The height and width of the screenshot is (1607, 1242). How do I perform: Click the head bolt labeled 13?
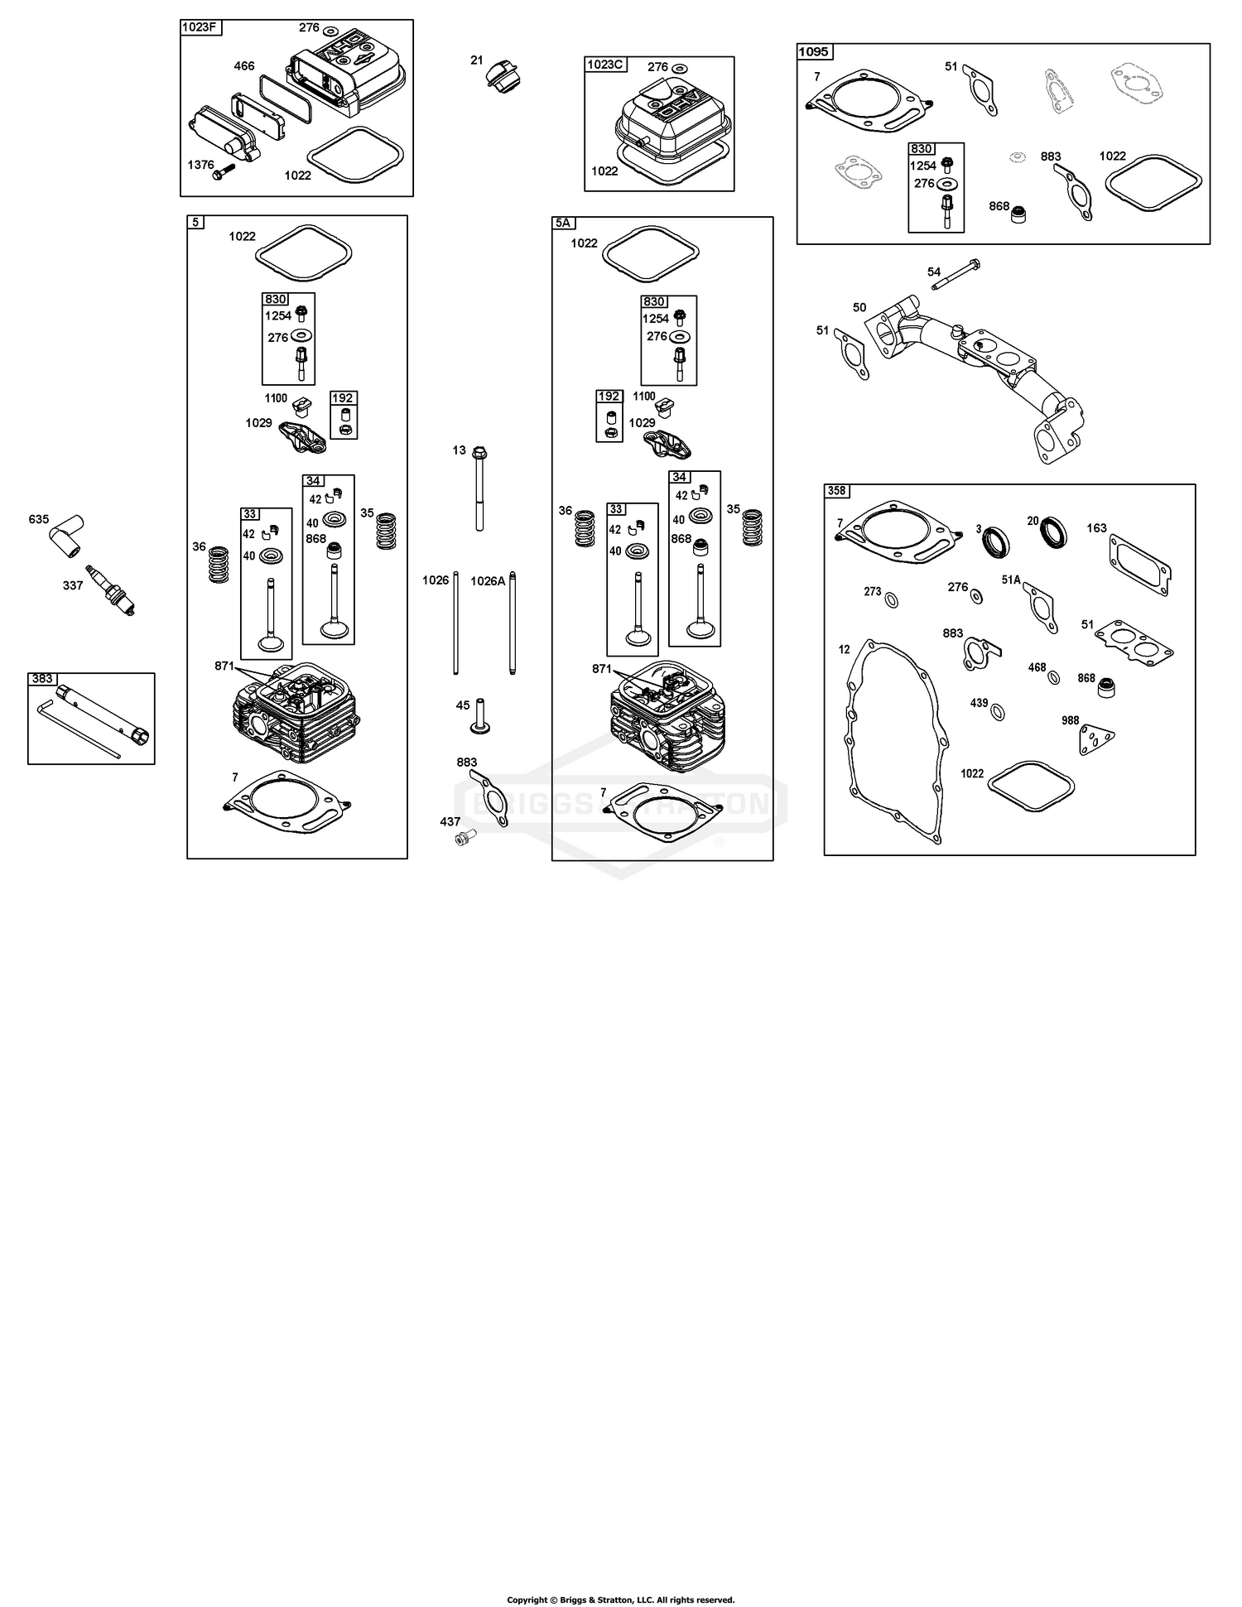pyautogui.click(x=480, y=488)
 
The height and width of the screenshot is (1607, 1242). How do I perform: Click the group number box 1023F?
pyautogui.click(x=200, y=28)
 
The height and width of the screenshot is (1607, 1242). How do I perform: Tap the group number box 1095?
pyautogui.click(x=814, y=52)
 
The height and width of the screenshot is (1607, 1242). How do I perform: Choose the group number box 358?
pyautogui.click(x=836, y=491)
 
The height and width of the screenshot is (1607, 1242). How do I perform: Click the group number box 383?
pyautogui.click(x=41, y=679)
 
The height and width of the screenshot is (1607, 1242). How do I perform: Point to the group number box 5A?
pyautogui.click(x=563, y=224)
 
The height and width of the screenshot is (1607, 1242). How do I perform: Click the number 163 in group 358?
pyautogui.click(x=1097, y=528)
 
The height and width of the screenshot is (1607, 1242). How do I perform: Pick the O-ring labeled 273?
pyautogui.click(x=892, y=599)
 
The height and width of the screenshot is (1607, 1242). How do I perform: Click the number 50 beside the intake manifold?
pyautogui.click(x=859, y=307)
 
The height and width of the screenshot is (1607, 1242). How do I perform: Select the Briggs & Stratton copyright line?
pyautogui.click(x=621, y=1600)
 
